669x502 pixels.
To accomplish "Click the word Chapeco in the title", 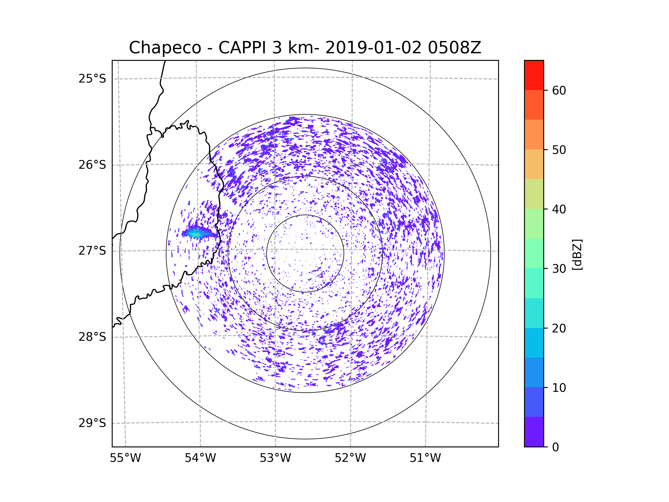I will point(165,48).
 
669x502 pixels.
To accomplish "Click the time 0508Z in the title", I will point(454,48).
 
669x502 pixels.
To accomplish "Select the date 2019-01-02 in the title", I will point(373,48).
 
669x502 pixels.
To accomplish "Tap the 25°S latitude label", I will point(92,79).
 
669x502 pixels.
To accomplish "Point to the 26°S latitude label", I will point(92,165).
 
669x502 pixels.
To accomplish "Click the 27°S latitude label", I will point(92,251).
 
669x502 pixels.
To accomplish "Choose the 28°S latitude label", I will point(92,337).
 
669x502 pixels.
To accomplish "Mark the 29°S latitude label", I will point(92,423).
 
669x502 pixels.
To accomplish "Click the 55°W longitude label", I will point(125,458).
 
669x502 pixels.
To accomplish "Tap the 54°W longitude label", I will point(200,458).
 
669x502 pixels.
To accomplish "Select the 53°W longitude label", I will point(275,458).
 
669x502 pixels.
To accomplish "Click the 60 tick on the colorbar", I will point(559,90).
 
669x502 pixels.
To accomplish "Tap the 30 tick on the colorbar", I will point(559,269).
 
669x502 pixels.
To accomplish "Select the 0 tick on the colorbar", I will point(555,447).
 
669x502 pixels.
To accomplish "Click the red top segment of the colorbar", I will point(534,75).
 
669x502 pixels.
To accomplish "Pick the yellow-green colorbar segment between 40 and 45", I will point(534,194).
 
